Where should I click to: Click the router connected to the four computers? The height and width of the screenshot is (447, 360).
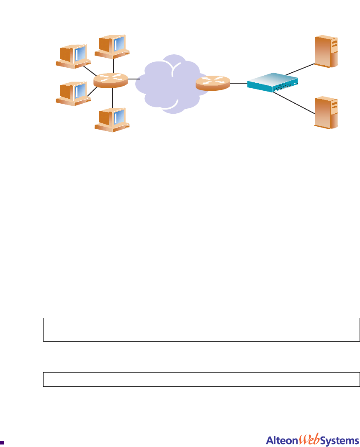[x=111, y=80]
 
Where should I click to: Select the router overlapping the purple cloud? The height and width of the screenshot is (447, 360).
[x=213, y=83]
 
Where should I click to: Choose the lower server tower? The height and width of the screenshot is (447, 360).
[x=327, y=112]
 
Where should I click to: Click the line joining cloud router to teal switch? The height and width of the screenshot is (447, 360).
[x=238, y=83]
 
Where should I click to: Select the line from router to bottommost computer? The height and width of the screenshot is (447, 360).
[x=113, y=98]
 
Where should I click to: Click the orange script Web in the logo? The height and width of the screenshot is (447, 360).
[x=309, y=440]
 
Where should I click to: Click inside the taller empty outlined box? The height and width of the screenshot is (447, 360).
[x=201, y=330]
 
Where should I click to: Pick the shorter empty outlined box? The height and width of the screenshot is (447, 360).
[x=201, y=379]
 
